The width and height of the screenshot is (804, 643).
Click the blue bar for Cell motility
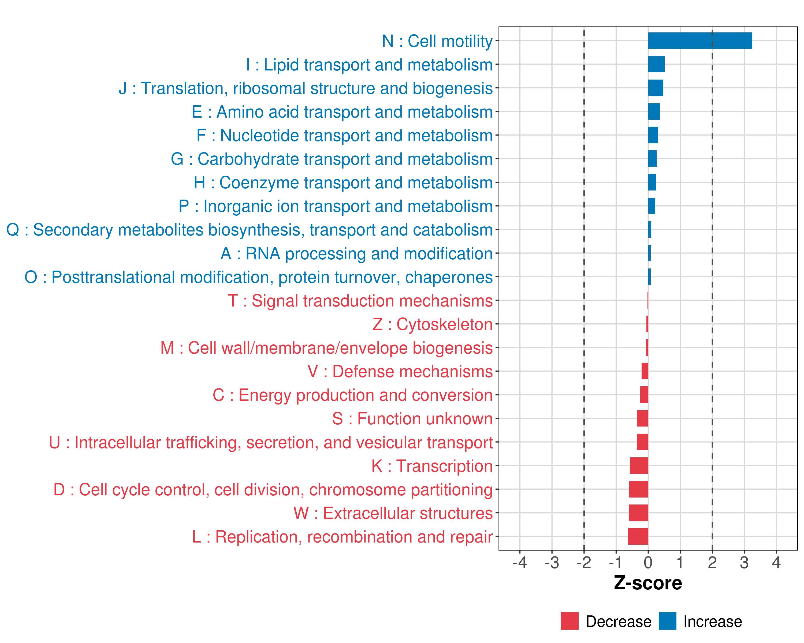pyautogui.click(x=700, y=41)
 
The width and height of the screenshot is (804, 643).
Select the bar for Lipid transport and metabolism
pyautogui.click(x=656, y=64)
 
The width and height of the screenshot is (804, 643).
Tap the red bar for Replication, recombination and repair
pyautogui.click(x=638, y=536)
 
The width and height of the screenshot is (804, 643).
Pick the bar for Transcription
pyautogui.click(x=639, y=466)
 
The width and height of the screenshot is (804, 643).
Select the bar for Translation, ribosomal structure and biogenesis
pyautogui.click(x=656, y=88)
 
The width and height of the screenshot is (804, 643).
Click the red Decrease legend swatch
pyautogui.click(x=569, y=621)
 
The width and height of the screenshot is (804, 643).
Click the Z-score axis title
pyautogui.click(x=648, y=583)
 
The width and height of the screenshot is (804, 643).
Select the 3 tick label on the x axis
pyautogui.click(x=744, y=562)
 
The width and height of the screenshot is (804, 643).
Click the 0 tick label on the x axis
pyautogui.click(x=648, y=562)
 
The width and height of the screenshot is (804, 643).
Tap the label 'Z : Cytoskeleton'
pyautogui.click(x=433, y=324)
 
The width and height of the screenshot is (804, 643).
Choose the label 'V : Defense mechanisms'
pyautogui.click(x=400, y=372)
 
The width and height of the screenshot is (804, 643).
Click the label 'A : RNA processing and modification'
pyautogui.click(x=356, y=253)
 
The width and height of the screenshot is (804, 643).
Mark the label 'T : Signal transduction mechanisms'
pyautogui.click(x=360, y=301)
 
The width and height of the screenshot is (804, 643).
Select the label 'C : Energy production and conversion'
pyautogui.click(x=353, y=395)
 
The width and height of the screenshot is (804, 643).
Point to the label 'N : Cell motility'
pyautogui.click(x=437, y=41)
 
